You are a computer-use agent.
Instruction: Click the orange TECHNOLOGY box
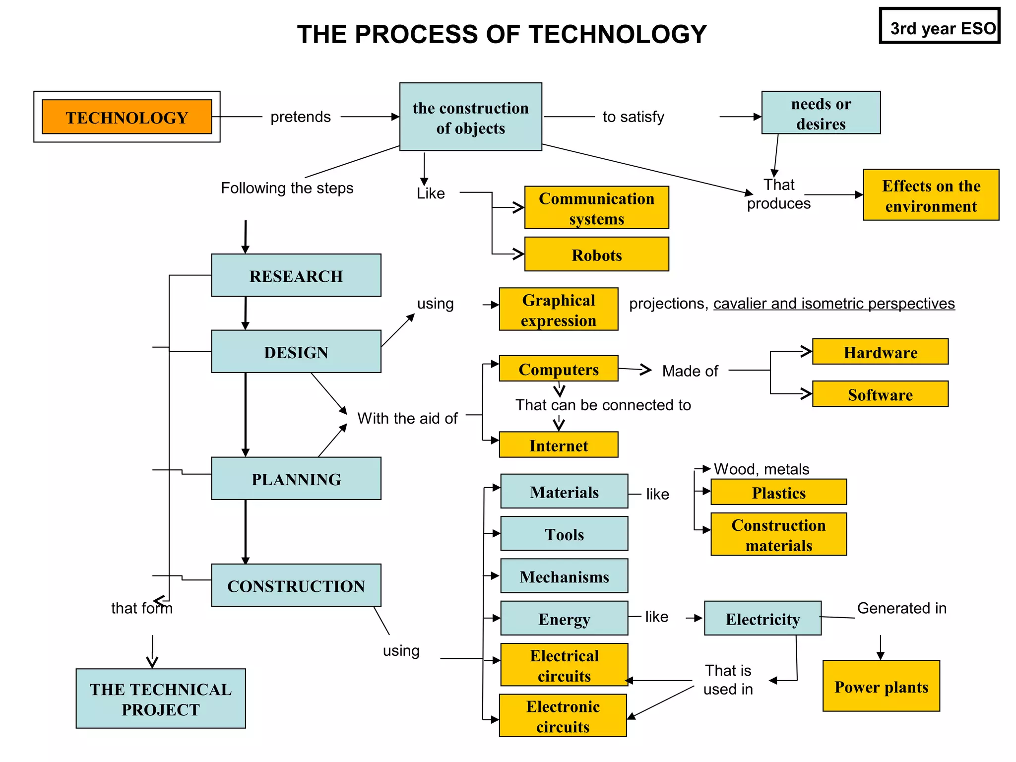[x=127, y=117]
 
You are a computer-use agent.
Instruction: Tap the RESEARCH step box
[x=296, y=276]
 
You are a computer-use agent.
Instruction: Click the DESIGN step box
[x=296, y=352]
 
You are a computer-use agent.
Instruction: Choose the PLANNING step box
[x=296, y=479]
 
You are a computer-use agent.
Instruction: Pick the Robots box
[x=596, y=254]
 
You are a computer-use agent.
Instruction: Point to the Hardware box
[x=880, y=352]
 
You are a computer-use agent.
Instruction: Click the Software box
[x=880, y=394]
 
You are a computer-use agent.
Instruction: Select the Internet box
[x=559, y=445]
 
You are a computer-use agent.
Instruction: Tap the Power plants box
[x=881, y=686]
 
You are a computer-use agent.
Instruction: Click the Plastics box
[x=778, y=492]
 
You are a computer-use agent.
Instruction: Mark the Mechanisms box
[x=564, y=576]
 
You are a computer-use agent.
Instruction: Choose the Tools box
[x=564, y=534]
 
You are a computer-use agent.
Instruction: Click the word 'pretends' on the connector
[x=301, y=117]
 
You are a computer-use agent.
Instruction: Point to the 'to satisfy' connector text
[x=633, y=117]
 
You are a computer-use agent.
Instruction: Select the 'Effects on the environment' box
[x=931, y=195]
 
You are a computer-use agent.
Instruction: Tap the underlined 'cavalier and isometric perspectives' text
[x=834, y=303]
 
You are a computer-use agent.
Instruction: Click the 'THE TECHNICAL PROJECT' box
[x=161, y=699]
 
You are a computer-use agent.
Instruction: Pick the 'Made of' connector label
[x=690, y=371]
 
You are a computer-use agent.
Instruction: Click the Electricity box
[x=762, y=619]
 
